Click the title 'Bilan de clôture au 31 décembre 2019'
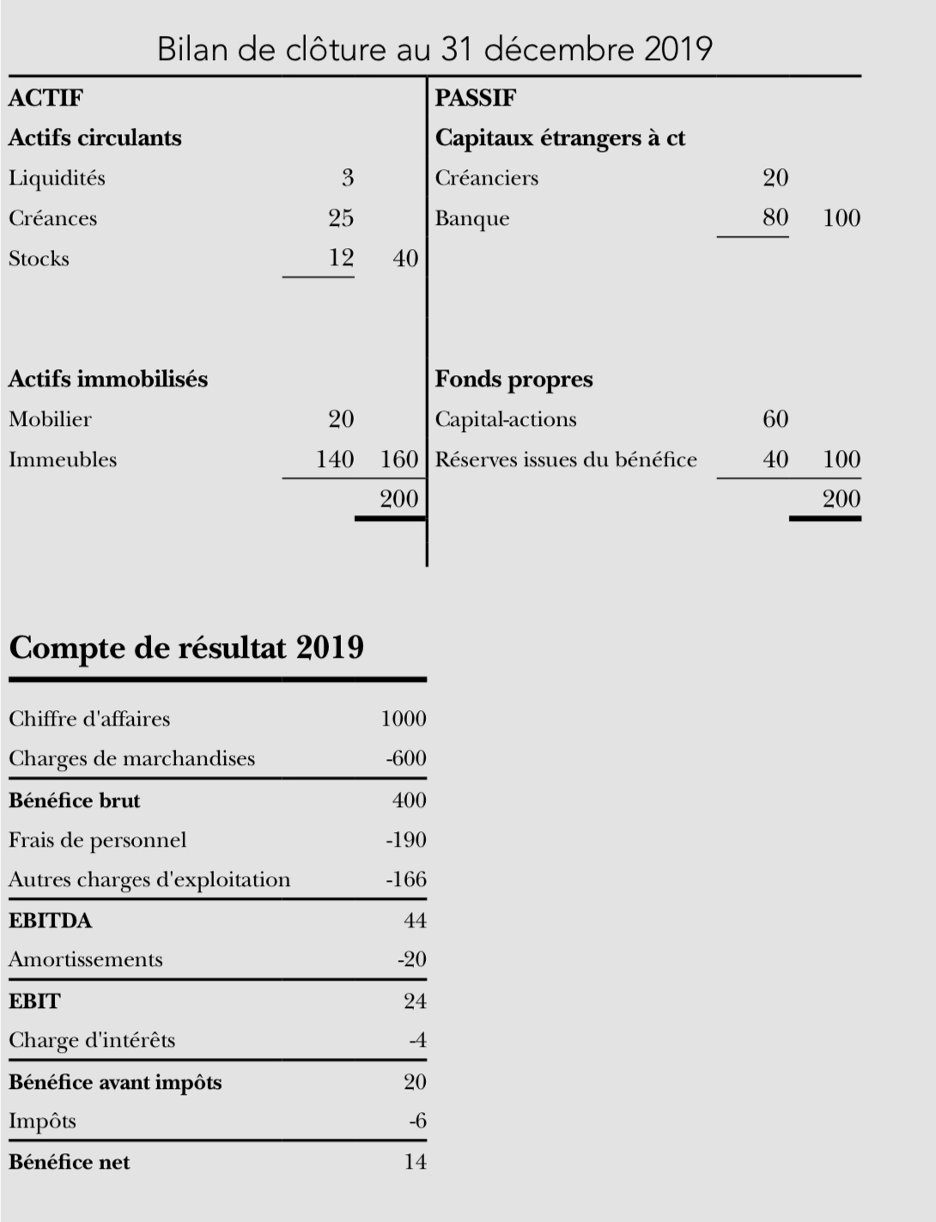[x=435, y=49]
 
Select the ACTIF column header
[x=46, y=98]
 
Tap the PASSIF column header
[x=475, y=98]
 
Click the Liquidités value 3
[x=347, y=178]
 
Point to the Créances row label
[x=52, y=218]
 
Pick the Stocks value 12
[x=341, y=258]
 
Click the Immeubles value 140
[x=335, y=459]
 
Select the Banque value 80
[x=775, y=217]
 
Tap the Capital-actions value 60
[x=775, y=419]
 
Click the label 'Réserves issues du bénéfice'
[x=566, y=459]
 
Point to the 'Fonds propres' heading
[x=514, y=379]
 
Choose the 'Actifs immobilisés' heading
[x=108, y=379]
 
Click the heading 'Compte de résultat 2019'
[x=186, y=647]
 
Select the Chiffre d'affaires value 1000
[x=403, y=719]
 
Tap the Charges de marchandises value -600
[x=405, y=758]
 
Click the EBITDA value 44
[x=415, y=921]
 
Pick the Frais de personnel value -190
[x=405, y=840]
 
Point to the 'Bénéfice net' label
[x=70, y=1162]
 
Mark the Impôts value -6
[x=417, y=1121]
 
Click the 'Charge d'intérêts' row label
[x=92, y=1040]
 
